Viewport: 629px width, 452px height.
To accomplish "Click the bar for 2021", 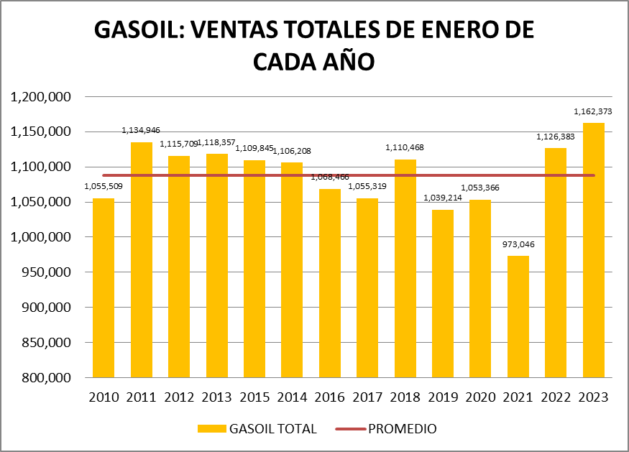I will click(517, 316).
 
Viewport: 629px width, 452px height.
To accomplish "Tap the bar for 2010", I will click(102, 287).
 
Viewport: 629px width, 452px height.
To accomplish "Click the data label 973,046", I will click(517, 244).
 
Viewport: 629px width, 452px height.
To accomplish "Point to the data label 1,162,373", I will click(592, 111).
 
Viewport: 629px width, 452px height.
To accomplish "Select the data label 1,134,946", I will click(141, 130).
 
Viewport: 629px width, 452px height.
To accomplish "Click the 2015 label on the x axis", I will click(254, 397).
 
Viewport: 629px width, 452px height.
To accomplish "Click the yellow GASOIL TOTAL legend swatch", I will click(212, 429).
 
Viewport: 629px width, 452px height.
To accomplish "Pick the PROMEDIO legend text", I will click(402, 429).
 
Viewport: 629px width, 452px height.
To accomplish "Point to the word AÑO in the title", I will click(344, 62).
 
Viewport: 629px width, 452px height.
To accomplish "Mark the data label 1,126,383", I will click(554, 137).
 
